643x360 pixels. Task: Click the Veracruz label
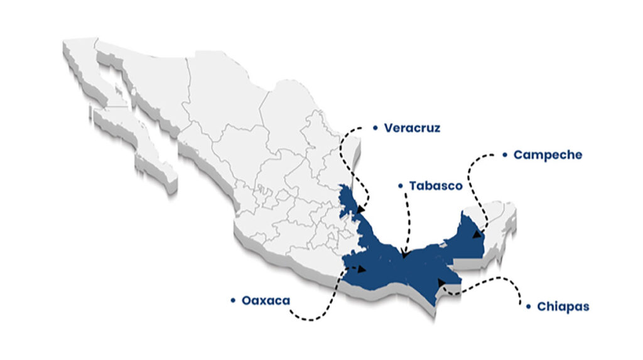click(412, 128)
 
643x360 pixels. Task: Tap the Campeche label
click(548, 155)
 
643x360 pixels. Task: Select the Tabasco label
click(435, 186)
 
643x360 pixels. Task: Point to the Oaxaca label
click(266, 301)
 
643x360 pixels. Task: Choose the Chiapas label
click(563, 307)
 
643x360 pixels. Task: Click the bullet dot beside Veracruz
click(375, 128)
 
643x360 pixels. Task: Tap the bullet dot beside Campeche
click(505, 155)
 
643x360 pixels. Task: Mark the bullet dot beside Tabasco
click(400, 186)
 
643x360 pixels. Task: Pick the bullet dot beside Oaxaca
click(233, 301)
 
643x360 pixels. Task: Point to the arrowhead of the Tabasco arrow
click(404, 254)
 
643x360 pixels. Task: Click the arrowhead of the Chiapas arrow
click(441, 283)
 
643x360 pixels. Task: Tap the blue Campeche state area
click(468, 239)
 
